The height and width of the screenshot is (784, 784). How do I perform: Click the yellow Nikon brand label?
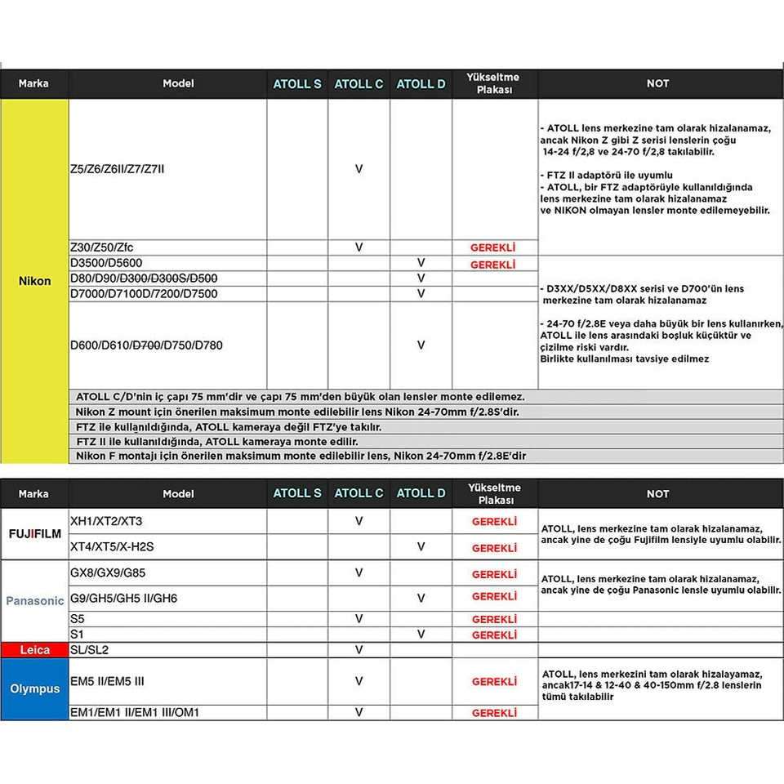pos(34,281)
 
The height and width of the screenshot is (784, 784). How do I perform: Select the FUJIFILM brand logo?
pos(34,534)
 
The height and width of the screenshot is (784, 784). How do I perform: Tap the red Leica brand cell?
pos(34,650)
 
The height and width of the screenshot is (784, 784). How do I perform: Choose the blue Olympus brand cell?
pos(34,688)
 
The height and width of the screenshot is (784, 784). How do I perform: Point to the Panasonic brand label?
pos(34,600)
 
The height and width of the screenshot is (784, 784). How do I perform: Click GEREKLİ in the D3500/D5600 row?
pos(493,265)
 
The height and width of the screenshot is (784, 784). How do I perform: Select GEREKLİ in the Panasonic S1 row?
pos(494,635)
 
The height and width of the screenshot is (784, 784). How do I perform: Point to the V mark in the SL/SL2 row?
pos(359,650)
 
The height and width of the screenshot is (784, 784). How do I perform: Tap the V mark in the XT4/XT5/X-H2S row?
pos(421,547)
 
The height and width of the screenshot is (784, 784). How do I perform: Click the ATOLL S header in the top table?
pos(297,83)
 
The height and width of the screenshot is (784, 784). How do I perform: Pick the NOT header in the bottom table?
pos(657,493)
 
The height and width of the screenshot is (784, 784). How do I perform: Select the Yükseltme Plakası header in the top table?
pos(494,83)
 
